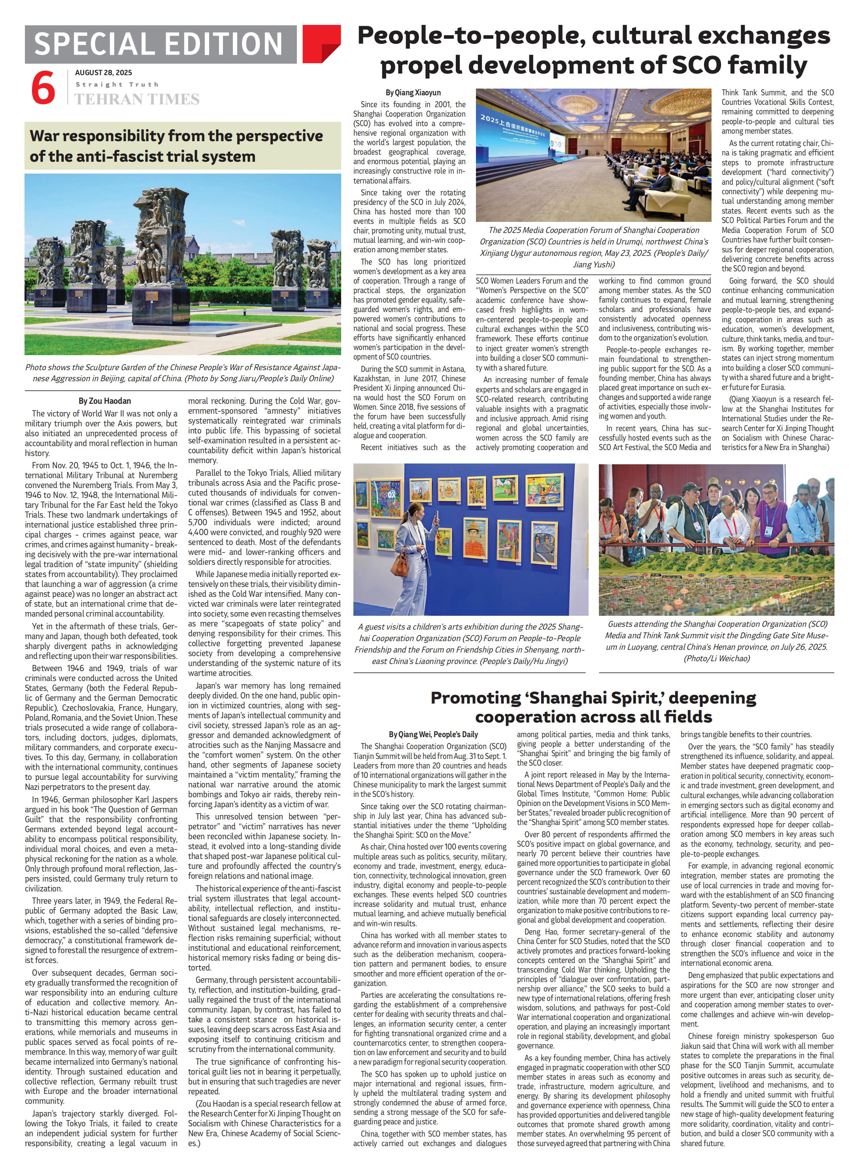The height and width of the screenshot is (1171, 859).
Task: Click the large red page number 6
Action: point(43,89)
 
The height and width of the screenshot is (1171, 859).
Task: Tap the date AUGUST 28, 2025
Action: point(104,73)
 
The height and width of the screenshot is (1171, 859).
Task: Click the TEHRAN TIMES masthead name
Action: point(137,99)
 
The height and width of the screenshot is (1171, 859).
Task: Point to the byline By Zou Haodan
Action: point(104,401)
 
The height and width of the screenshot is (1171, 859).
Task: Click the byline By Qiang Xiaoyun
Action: point(414,93)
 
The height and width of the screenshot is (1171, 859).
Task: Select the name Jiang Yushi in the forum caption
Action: point(593,264)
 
